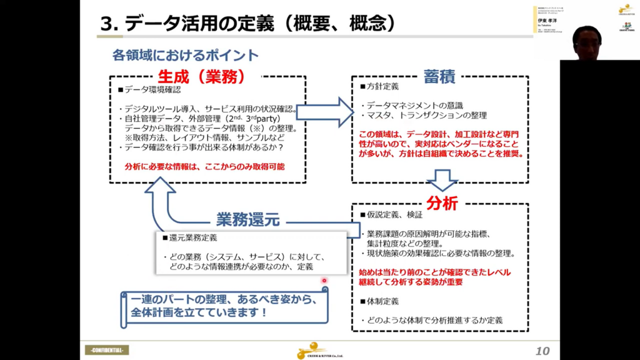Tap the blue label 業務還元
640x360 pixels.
pos(247,219)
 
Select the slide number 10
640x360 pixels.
pos(542,351)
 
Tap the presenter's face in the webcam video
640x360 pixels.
pos(587,41)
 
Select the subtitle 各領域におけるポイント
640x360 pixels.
pos(185,55)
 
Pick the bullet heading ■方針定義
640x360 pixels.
pos(379,87)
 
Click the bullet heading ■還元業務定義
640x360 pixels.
pos(193,237)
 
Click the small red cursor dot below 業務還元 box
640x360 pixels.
pos(324,280)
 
